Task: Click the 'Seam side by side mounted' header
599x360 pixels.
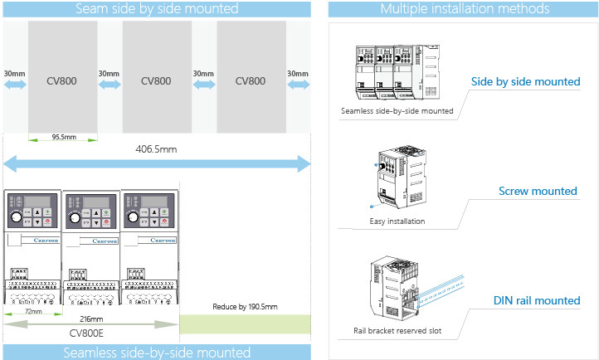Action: tap(156, 9)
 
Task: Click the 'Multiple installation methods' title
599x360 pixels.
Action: tap(464, 9)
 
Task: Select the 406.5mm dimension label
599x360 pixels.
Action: tap(156, 149)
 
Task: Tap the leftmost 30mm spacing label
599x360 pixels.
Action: tap(14, 74)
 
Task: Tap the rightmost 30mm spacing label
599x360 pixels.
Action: tap(298, 74)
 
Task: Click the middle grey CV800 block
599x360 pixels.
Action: tap(156, 80)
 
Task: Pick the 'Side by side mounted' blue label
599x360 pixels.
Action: tap(525, 81)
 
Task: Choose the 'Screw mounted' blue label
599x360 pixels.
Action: tap(538, 191)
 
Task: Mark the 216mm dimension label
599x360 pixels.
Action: tap(91, 319)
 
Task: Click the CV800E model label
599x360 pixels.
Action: tap(91, 334)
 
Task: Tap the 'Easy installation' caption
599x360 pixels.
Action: tap(397, 221)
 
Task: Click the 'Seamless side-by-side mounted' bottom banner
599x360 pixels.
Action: tap(156, 353)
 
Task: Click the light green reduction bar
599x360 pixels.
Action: tap(245, 324)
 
